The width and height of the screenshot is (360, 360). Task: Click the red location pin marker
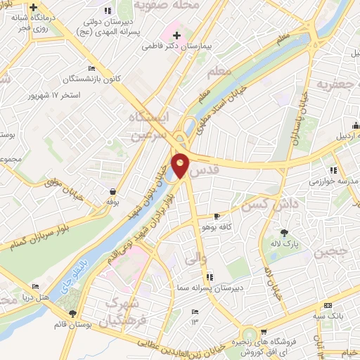pyautogui.click(x=181, y=165)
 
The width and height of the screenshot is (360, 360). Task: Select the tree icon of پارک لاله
pyautogui.click(x=285, y=233)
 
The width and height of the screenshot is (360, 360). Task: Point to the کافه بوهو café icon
pyautogui.click(x=217, y=216)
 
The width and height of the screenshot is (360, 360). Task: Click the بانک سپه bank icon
pyautogui.click(x=328, y=305)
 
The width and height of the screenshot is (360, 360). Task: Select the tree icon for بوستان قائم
pyautogui.click(x=72, y=314)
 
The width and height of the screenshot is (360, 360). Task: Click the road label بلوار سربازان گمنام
pyautogui.click(x=41, y=237)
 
